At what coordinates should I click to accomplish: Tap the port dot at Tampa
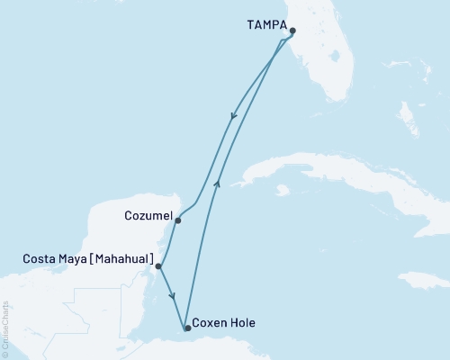[292, 31]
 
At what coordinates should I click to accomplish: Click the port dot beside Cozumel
[178, 220]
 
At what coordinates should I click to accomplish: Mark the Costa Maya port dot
[158, 266]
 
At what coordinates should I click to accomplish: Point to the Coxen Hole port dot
[187, 328]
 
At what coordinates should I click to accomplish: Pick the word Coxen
[211, 328]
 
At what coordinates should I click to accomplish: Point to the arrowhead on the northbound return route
[217, 182]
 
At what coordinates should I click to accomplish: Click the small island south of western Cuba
[283, 191]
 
